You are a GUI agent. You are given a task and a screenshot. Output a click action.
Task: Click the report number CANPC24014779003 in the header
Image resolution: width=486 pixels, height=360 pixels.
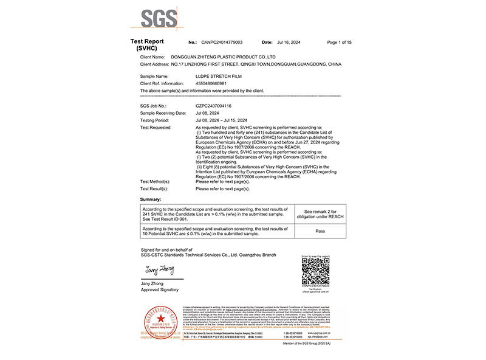tap(222, 43)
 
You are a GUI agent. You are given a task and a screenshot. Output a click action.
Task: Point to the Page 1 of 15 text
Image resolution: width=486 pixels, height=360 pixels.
tap(339, 43)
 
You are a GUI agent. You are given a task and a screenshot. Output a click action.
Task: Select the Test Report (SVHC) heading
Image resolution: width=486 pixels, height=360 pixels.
tap(147, 44)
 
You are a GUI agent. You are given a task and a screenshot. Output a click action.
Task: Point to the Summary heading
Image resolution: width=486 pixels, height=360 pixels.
tap(151, 199)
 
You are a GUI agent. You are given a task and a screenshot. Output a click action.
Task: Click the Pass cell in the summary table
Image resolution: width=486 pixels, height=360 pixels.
tap(320, 231)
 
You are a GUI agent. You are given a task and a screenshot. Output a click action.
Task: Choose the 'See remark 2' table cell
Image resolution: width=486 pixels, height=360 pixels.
tap(320, 213)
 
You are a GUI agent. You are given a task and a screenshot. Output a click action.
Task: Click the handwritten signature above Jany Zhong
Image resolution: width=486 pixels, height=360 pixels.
tap(160, 269)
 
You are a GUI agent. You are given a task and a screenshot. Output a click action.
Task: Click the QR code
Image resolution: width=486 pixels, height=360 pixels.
tap(315, 271)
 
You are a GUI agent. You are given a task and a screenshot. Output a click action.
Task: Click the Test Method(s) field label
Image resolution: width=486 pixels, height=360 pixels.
tap(155, 182)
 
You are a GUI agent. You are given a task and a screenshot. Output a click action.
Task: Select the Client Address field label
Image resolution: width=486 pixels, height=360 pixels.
tap(154, 64)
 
